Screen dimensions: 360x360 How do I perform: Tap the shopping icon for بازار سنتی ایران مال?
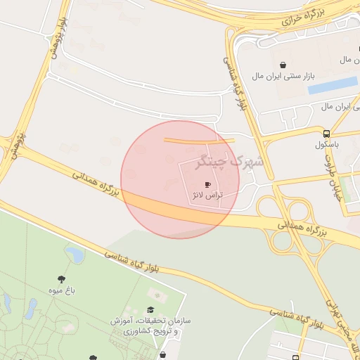283,65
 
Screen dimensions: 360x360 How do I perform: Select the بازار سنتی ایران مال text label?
307,75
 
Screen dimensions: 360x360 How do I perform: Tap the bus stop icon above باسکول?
327,134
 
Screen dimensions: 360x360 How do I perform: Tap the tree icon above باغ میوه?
62,279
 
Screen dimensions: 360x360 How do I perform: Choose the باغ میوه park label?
62,290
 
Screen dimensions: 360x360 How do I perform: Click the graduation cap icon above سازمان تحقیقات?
150,310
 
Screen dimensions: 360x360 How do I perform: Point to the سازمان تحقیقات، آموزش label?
151,321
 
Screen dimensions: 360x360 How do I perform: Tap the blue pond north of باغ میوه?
74,252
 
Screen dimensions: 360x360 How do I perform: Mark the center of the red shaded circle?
180,179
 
